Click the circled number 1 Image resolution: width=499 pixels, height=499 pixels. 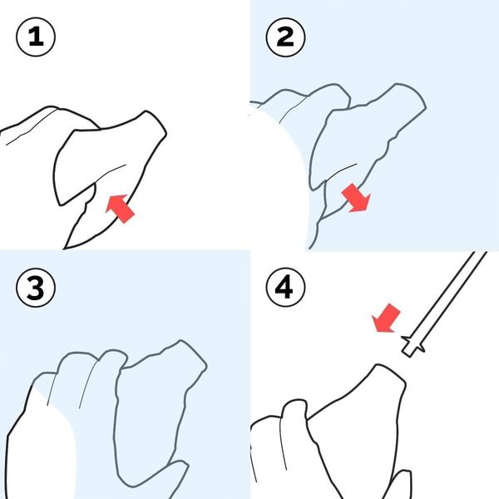[36, 37]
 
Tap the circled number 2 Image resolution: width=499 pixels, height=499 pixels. [285, 37]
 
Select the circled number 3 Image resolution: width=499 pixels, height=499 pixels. [36, 287]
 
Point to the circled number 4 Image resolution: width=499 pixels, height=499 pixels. [285, 287]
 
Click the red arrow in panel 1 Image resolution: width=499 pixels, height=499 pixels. [120, 209]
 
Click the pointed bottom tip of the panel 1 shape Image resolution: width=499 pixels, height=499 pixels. [65, 248]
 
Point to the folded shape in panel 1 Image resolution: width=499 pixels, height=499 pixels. [110, 159]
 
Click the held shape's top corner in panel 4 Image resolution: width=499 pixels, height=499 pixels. [378, 365]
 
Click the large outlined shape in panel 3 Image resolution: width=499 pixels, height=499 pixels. [159, 411]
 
